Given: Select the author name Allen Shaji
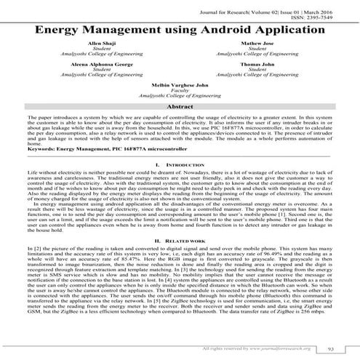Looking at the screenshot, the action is pos(96,44).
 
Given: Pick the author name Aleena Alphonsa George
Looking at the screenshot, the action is pos(96,64).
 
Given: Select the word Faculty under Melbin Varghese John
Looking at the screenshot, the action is pos(180,90).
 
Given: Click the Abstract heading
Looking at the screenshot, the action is pos(180,106).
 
